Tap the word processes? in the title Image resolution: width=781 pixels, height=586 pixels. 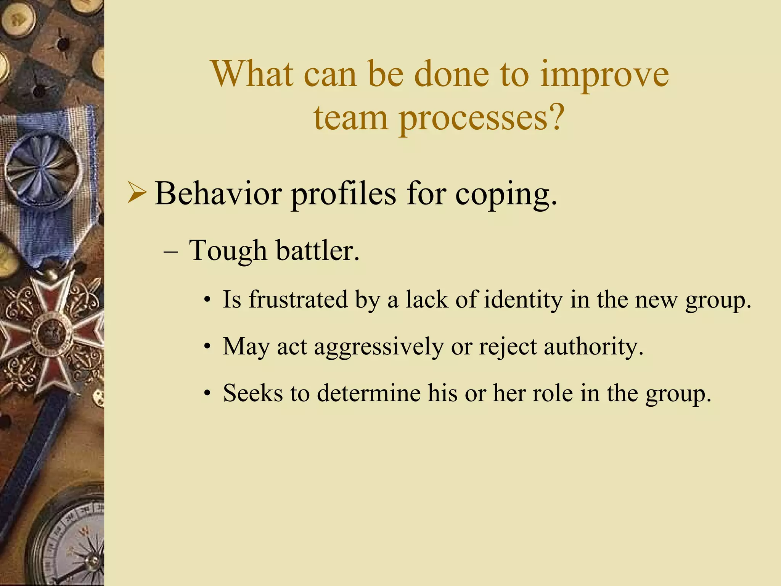(481, 118)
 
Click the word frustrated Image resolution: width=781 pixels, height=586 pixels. (299, 299)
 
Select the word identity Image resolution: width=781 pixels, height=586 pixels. (523, 300)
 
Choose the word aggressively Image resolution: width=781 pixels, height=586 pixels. (379, 347)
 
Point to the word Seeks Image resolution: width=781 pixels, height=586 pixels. (252, 393)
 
